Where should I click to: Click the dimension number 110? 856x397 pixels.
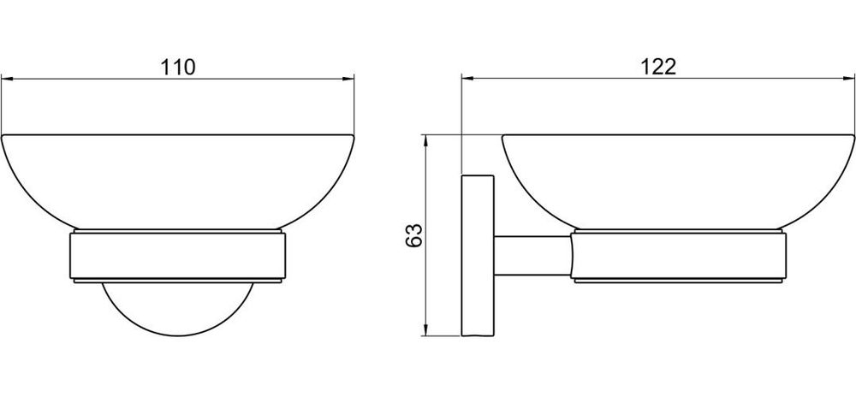[178, 67]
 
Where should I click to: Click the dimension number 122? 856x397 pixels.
[658, 67]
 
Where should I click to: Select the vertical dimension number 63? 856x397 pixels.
[414, 235]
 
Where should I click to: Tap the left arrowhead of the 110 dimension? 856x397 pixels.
[7, 79]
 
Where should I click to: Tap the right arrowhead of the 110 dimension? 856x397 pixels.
[348, 79]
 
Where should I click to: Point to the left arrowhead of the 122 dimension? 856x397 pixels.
[468, 79]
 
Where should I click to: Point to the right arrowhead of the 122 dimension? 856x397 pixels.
[848, 79]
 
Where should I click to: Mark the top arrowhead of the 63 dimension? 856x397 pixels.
[425, 141]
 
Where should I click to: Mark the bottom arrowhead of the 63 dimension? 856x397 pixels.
[425, 329]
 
